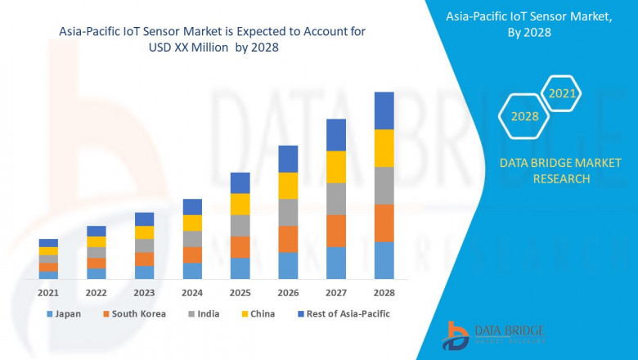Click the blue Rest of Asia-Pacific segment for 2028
pyautogui.click(x=384, y=110)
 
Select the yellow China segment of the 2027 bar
pyautogui.click(x=335, y=167)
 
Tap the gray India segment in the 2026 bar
pyautogui.click(x=288, y=212)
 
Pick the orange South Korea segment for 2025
pyautogui.click(x=240, y=247)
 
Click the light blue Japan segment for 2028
pyautogui.click(x=384, y=260)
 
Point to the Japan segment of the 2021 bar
pyautogui.click(x=48, y=275)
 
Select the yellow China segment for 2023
pyautogui.click(x=144, y=232)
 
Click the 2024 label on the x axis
pyautogui.click(x=192, y=292)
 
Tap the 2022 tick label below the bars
pyautogui.click(x=96, y=292)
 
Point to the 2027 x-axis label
pyautogui.click(x=335, y=292)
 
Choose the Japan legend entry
pyautogui.click(x=65, y=313)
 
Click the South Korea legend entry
pyautogui.click(x=135, y=313)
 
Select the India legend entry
pyautogui.click(x=204, y=313)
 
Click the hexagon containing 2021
pyautogui.click(x=562, y=94)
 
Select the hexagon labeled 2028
pyautogui.click(x=524, y=116)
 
